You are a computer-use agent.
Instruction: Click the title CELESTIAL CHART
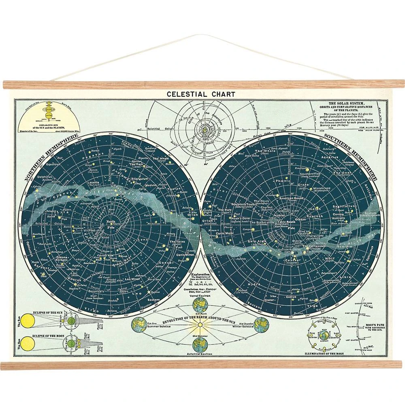pyautogui.click(x=201, y=94)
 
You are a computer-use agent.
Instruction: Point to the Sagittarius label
pyautogui.click(x=344, y=206)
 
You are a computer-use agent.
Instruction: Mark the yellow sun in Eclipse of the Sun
pyautogui.click(x=28, y=322)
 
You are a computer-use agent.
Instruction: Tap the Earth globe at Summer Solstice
pyautogui.click(x=139, y=324)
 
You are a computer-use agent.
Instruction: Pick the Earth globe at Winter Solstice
pyautogui.click(x=261, y=324)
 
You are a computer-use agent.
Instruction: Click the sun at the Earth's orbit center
pyautogui.click(x=198, y=325)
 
